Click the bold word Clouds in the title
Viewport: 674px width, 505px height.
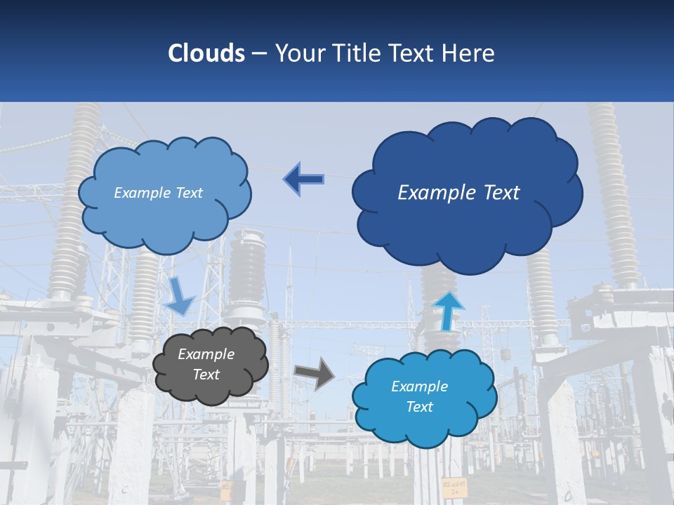coord(206,53)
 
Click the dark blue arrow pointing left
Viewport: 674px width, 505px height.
coord(304,180)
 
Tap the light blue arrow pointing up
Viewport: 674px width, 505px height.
coord(448,311)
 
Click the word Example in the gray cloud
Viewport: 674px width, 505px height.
coord(206,354)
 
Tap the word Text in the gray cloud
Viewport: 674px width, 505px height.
coord(206,375)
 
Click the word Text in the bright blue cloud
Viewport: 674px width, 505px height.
coord(420,407)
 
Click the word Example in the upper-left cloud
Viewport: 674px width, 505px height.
coord(142,193)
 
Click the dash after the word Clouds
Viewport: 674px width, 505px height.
coord(258,54)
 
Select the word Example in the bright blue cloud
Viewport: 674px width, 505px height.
coord(420,386)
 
